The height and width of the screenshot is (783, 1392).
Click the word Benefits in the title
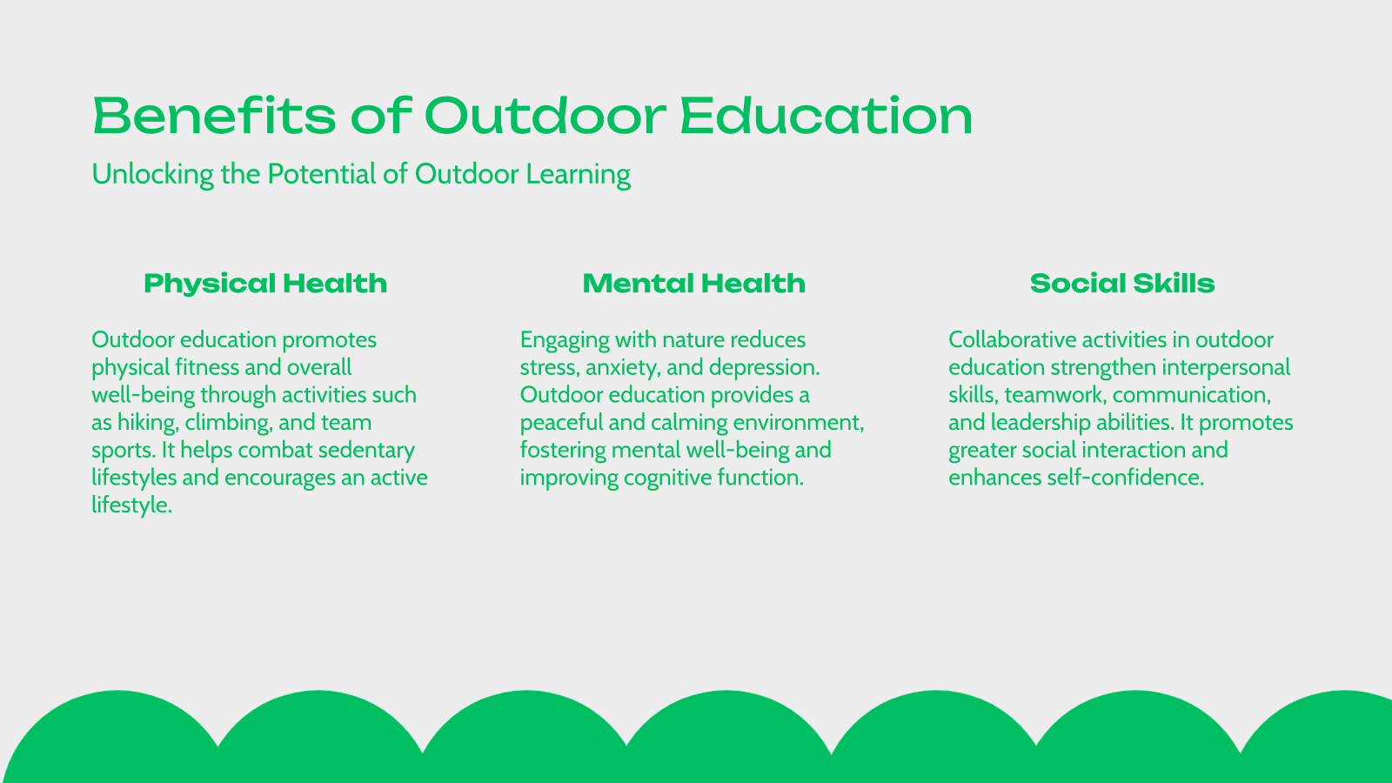214,116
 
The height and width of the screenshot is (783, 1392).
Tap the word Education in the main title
826,116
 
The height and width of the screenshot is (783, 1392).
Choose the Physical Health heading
265,284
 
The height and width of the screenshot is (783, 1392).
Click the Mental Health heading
694,284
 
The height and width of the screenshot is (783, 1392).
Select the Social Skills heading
1122,284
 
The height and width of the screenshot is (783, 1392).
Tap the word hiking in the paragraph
146,423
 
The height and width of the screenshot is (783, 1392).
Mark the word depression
765,368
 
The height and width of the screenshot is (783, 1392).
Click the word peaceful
561,423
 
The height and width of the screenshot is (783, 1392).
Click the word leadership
1041,423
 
